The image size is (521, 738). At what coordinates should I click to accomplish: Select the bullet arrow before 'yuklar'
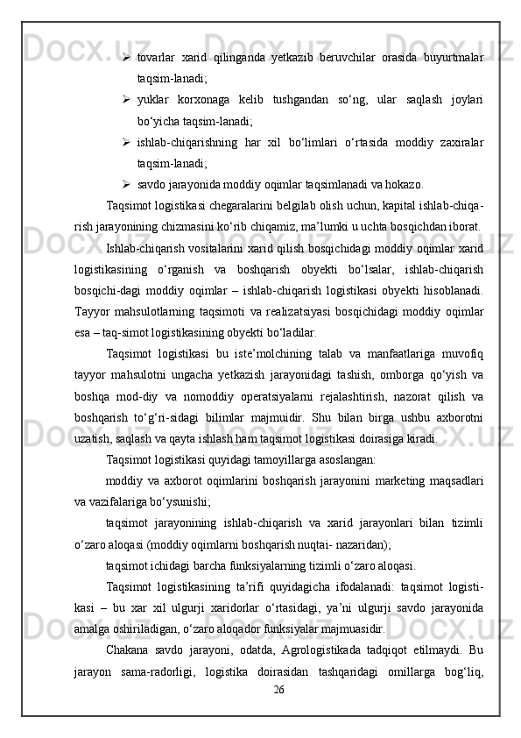pyautogui.click(x=128, y=100)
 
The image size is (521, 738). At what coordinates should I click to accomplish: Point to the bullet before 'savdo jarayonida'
pyautogui.click(x=128, y=184)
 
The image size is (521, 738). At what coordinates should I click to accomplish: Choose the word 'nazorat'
pyautogui.click(x=400, y=396)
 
